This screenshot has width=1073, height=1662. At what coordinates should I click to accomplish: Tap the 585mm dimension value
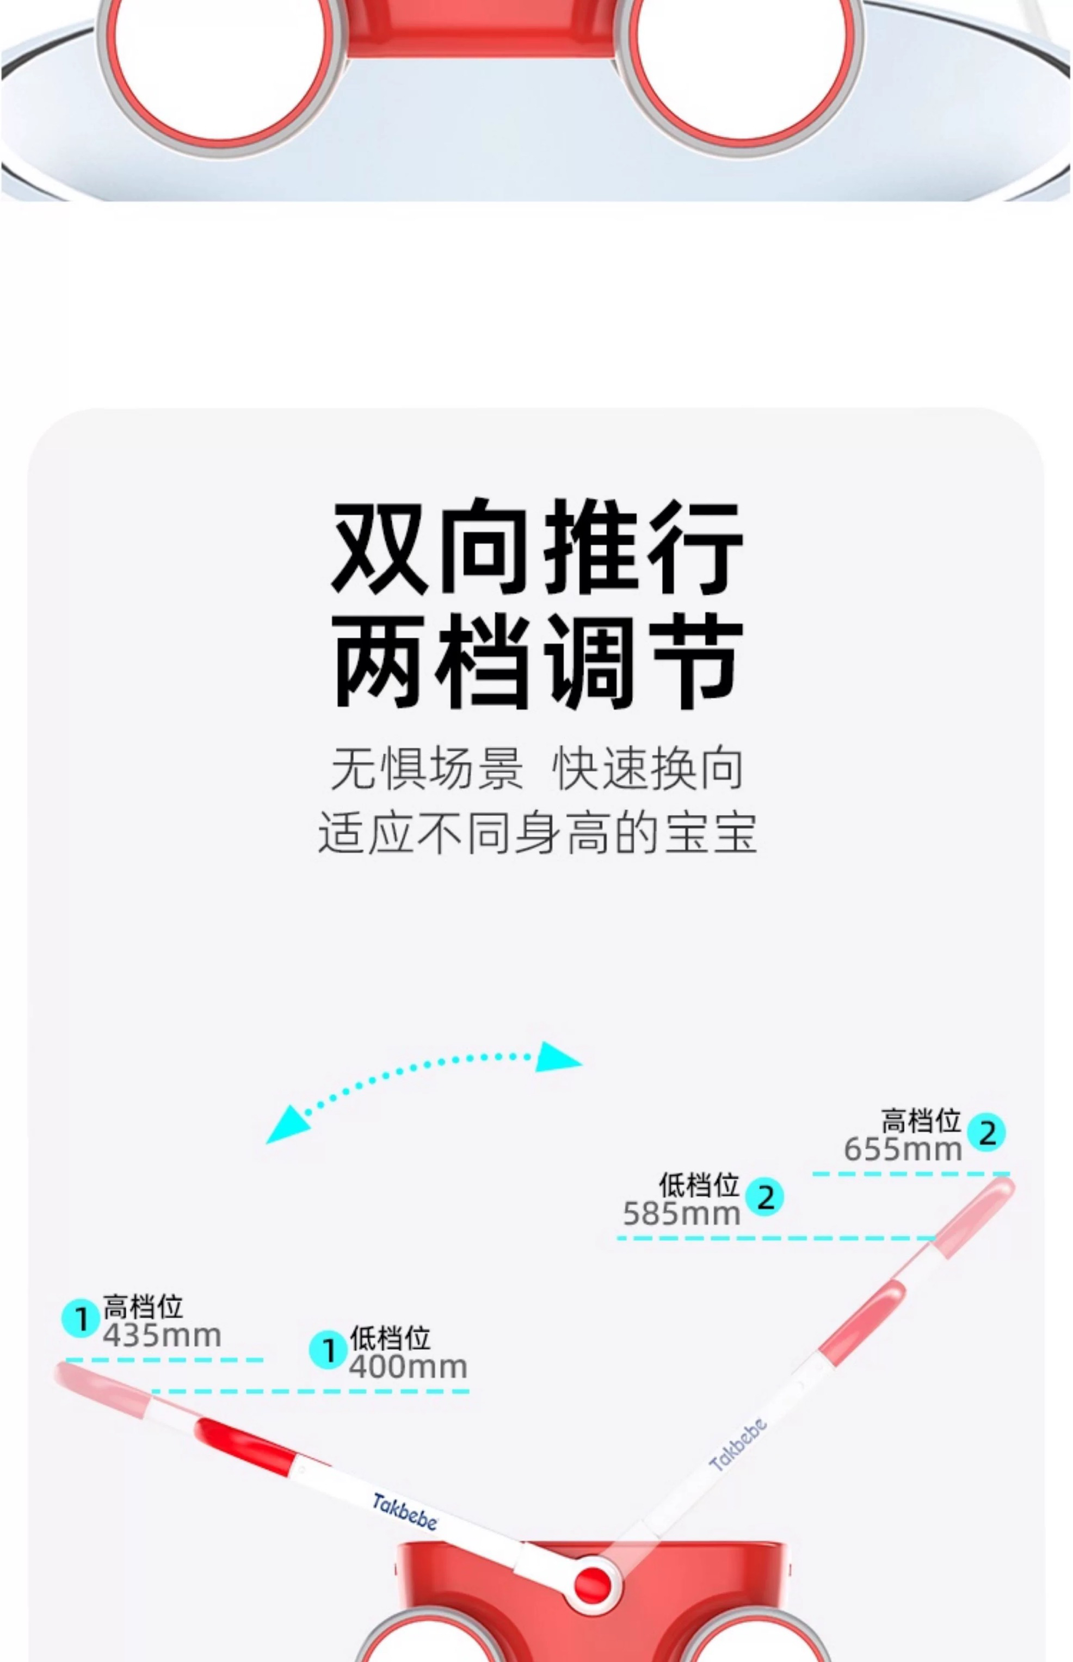681,1214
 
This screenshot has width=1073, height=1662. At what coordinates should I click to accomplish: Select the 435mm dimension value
162,1336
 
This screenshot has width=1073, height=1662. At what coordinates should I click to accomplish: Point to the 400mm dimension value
408,1366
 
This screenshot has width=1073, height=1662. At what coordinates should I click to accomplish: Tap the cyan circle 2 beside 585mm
764,1197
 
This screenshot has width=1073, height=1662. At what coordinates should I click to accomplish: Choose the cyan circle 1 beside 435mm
81,1319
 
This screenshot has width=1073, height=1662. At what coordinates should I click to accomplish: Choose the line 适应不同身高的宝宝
536,832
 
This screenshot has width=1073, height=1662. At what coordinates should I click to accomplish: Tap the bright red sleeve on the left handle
245,1444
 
